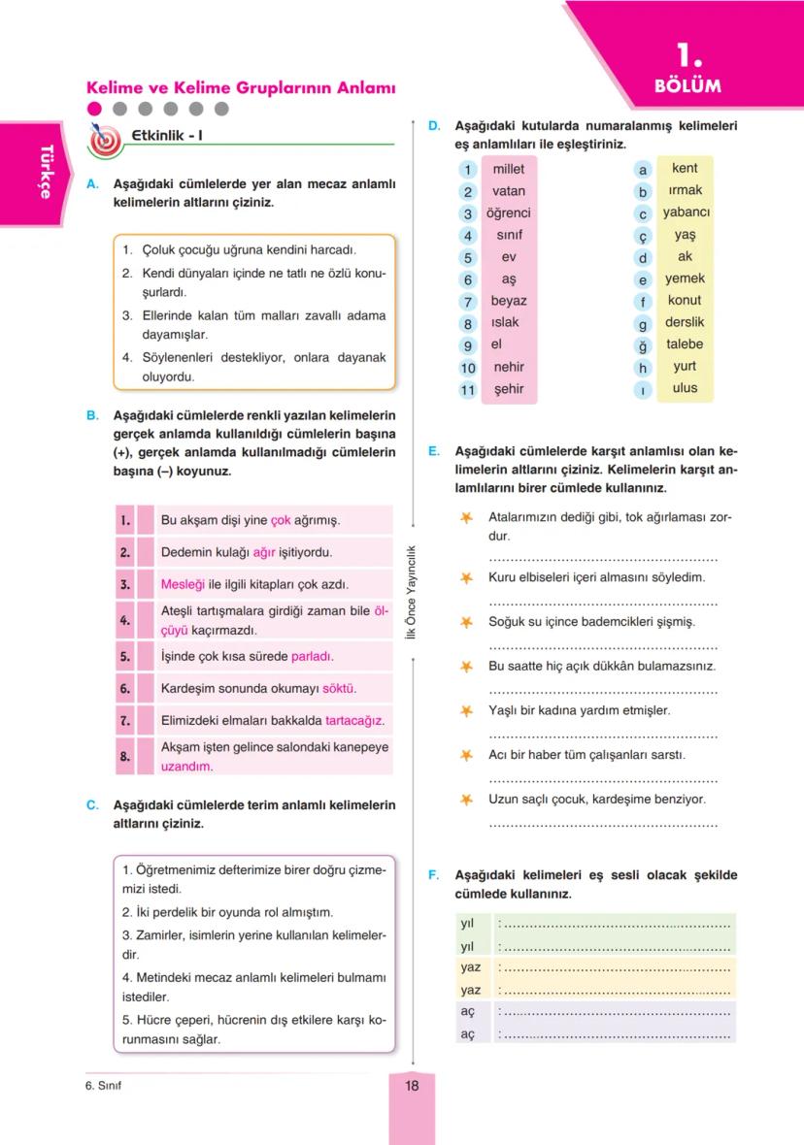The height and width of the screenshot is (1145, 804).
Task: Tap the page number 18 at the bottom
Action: click(412, 1086)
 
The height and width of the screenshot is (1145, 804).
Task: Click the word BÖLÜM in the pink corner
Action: click(688, 85)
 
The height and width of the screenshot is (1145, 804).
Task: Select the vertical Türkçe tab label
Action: click(45, 171)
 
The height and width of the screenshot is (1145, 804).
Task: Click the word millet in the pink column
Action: click(509, 169)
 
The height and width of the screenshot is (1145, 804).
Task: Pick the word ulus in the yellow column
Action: click(685, 388)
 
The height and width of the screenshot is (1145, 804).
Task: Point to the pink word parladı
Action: click(313, 656)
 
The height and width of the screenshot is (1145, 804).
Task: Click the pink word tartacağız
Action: click(354, 721)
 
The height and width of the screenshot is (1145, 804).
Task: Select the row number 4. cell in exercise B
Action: click(124, 619)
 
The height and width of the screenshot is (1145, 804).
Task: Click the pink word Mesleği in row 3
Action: click(182, 585)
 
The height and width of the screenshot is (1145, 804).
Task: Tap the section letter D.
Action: click(434, 126)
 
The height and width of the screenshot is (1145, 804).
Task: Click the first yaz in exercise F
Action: click(471, 967)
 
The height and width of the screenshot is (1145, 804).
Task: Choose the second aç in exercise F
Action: click(468, 1034)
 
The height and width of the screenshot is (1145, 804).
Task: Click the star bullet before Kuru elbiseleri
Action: click(467, 578)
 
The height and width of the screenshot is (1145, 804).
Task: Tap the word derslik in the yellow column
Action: click(685, 322)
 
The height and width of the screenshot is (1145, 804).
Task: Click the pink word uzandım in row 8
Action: click(186, 766)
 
